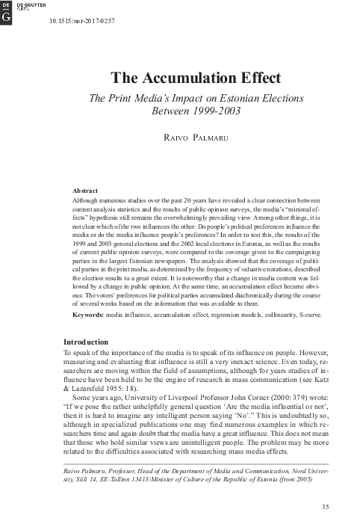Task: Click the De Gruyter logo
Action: tap(8, 10)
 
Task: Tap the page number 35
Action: tap(324, 508)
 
